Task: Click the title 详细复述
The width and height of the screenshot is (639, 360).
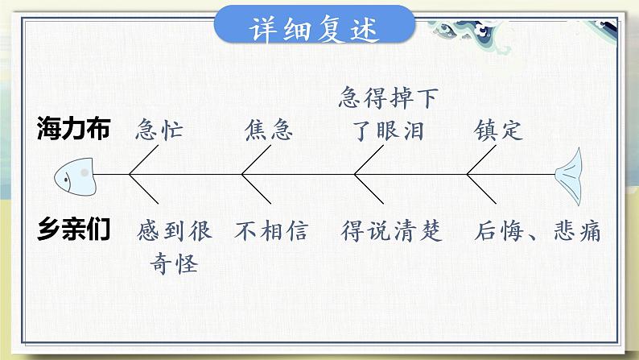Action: point(315,30)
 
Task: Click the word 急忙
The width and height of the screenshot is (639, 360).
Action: point(160,130)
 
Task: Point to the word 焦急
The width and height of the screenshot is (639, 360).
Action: point(268,130)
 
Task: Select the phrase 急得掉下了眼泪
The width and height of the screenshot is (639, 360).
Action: point(388,114)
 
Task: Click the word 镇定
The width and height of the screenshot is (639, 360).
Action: point(498,130)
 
